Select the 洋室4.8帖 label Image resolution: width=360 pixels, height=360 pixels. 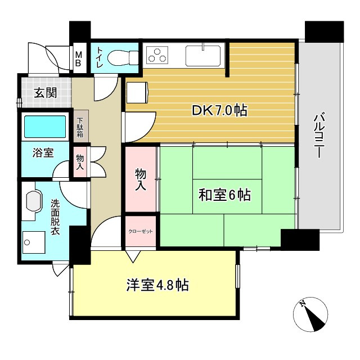pyautogui.click(x=157, y=285)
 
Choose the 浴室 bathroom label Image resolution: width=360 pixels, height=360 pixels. pyautogui.click(x=43, y=152)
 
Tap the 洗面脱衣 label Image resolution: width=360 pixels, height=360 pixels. pyautogui.click(x=57, y=217)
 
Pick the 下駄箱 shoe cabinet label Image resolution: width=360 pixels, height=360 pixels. pyautogui.click(x=80, y=127)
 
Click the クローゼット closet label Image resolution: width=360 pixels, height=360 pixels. pyautogui.click(x=141, y=231)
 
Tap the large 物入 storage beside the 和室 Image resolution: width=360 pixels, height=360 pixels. pyautogui.click(x=141, y=179)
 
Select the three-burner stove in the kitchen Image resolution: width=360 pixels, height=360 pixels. pyautogui.click(x=157, y=55)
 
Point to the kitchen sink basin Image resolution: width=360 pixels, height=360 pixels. pyautogui.click(x=201, y=55)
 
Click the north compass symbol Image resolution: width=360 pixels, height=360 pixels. pyautogui.click(x=310, y=314)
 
